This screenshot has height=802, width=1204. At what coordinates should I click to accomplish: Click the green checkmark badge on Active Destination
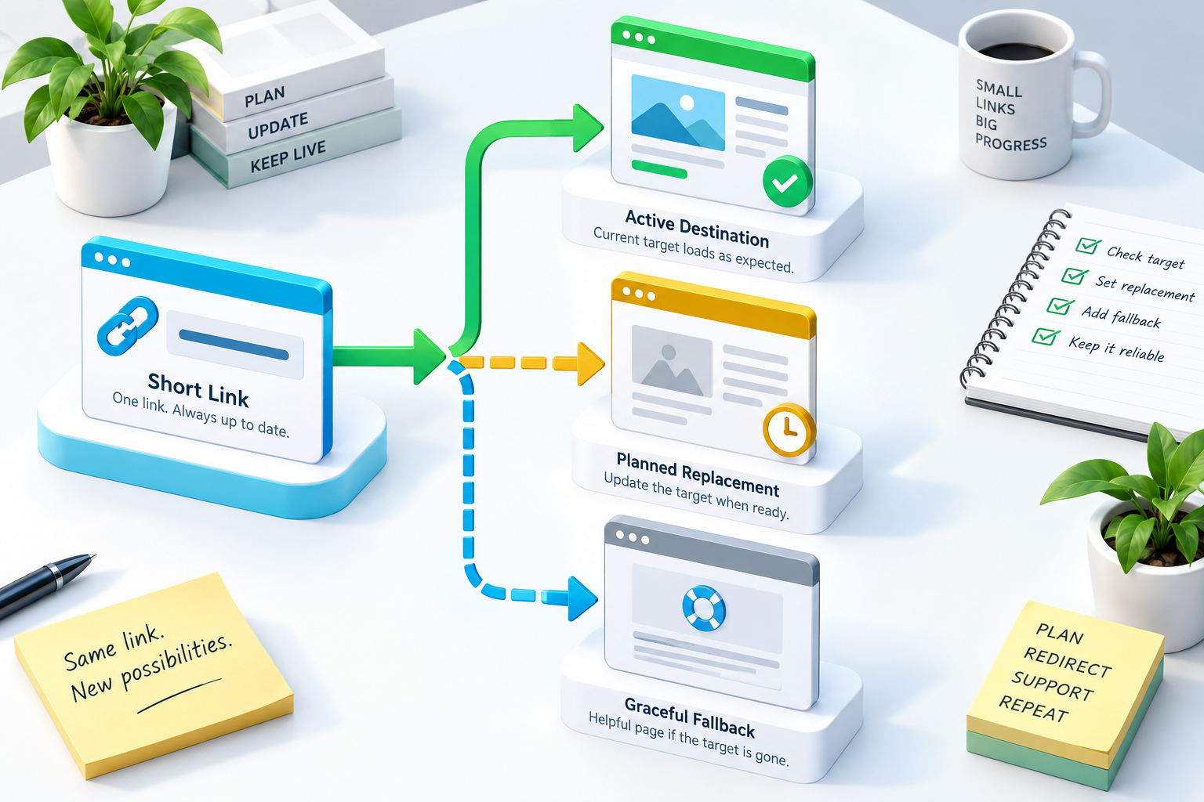pos(788,182)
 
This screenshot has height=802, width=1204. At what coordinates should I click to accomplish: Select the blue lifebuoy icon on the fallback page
pos(704,608)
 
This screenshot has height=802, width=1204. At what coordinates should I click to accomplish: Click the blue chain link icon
pos(128,326)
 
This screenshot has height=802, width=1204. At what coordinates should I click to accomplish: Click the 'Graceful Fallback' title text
pos(690,717)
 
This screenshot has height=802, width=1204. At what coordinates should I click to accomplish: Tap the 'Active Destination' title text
pos(697,229)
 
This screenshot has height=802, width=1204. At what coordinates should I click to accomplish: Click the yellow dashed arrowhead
pos(591,364)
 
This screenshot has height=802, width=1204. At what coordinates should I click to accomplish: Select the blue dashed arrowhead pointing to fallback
pos(582,598)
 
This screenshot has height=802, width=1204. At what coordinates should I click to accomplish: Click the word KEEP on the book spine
pos(267,161)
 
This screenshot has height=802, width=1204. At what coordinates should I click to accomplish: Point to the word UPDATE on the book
pos(278,125)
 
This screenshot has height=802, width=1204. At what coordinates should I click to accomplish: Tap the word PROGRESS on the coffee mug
pos(1010,143)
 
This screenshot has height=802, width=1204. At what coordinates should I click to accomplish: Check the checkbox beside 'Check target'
pos(1089,245)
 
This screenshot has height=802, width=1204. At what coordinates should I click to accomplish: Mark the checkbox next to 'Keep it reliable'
pos(1046,336)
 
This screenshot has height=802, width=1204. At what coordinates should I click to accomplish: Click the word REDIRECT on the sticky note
pos(1068,662)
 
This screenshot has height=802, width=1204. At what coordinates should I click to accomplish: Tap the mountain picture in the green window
pos(678,112)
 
